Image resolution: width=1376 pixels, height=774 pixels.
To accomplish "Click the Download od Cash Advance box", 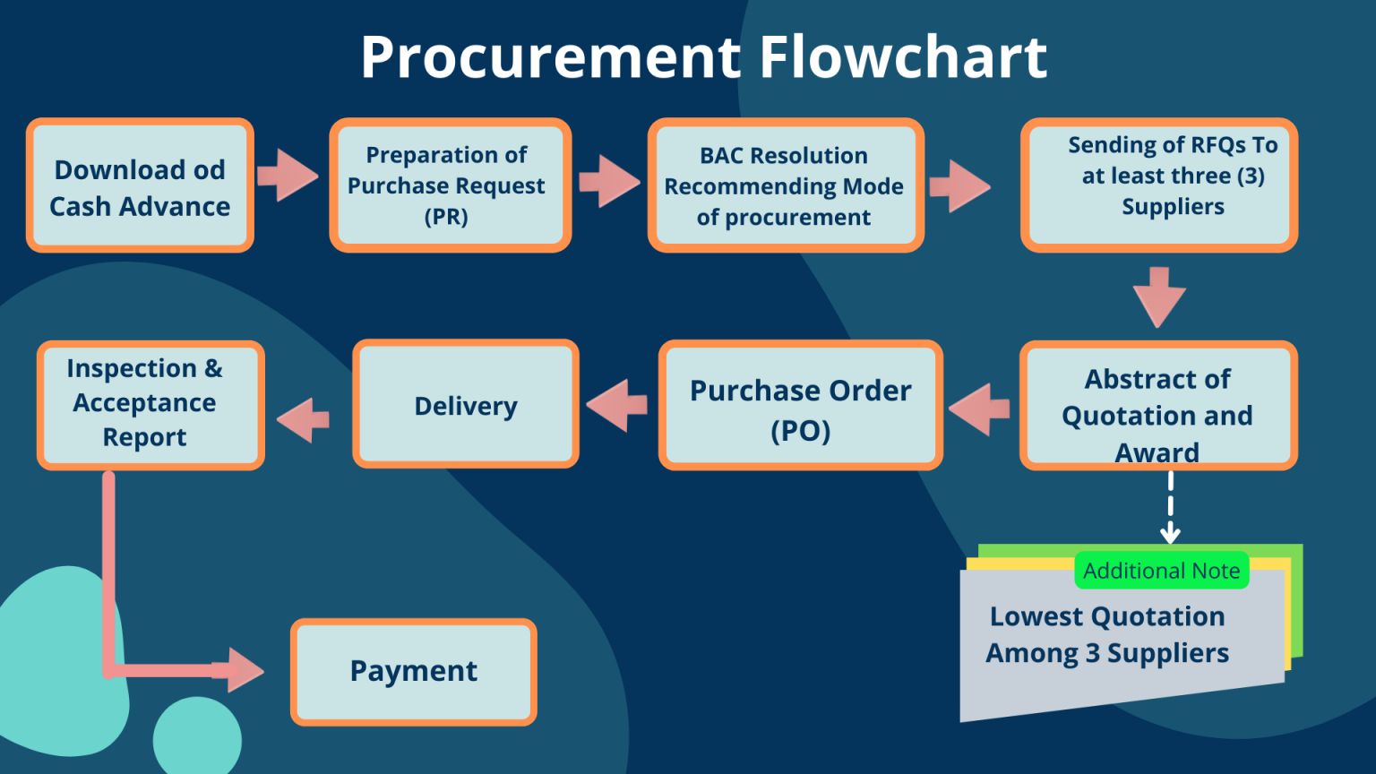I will tap(140, 185).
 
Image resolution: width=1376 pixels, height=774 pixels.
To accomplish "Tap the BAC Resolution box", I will tap(785, 185).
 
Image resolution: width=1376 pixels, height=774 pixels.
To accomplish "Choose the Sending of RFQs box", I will tap(1158, 185).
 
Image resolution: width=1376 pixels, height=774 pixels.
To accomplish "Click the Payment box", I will tap(414, 672).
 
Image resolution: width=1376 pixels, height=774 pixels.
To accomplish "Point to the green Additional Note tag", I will tap(1161, 571).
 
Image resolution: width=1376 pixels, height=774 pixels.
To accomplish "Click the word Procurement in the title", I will tap(552, 57).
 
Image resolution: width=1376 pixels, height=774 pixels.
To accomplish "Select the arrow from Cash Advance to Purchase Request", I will tap(288, 175).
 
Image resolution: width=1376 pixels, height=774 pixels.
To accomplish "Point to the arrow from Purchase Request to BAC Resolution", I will tap(609, 181).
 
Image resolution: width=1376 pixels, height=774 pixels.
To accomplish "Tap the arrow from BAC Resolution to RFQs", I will tap(959, 186).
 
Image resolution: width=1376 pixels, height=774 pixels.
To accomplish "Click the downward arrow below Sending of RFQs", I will tap(1159, 297).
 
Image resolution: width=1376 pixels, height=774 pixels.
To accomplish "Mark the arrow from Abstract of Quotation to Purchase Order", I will tap(979, 408).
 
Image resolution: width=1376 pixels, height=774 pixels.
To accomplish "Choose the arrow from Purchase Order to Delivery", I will tap(617, 405).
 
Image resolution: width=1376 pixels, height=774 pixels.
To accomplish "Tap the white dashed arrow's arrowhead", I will tap(1170, 536).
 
